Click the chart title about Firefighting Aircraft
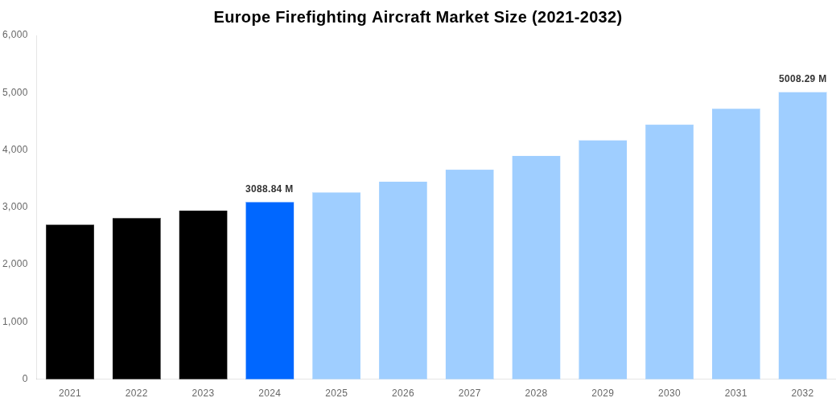[418, 17]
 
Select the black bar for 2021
[70, 301]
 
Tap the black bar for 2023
[203, 294]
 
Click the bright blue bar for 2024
[270, 290]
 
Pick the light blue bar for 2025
[336, 285]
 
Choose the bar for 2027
[469, 274]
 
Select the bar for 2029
[603, 260]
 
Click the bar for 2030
[669, 252]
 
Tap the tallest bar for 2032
[802, 236]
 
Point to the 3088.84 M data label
[269, 189]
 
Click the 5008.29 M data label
[802, 79]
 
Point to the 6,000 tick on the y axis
[15, 35]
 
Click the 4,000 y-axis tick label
[15, 150]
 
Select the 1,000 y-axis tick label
[15, 322]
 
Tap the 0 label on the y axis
[25, 379]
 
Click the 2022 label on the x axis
[137, 393]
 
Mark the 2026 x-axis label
[403, 393]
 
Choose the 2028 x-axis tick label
[536, 393]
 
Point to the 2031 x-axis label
[735, 393]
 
